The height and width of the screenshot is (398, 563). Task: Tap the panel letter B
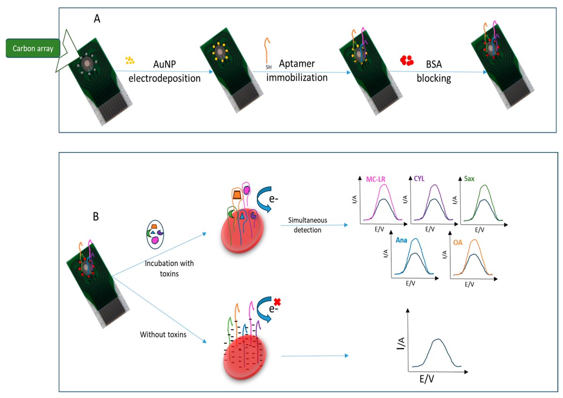point(96,217)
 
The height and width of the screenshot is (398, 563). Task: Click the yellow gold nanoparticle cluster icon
point(130,60)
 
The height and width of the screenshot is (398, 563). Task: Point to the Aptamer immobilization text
point(297,71)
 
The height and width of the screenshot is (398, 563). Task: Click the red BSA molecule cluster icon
point(407,60)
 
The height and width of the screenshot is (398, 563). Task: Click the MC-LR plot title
point(377,179)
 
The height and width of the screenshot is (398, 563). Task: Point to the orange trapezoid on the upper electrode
point(236,194)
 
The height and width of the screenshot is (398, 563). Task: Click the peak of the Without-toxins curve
point(438,339)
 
